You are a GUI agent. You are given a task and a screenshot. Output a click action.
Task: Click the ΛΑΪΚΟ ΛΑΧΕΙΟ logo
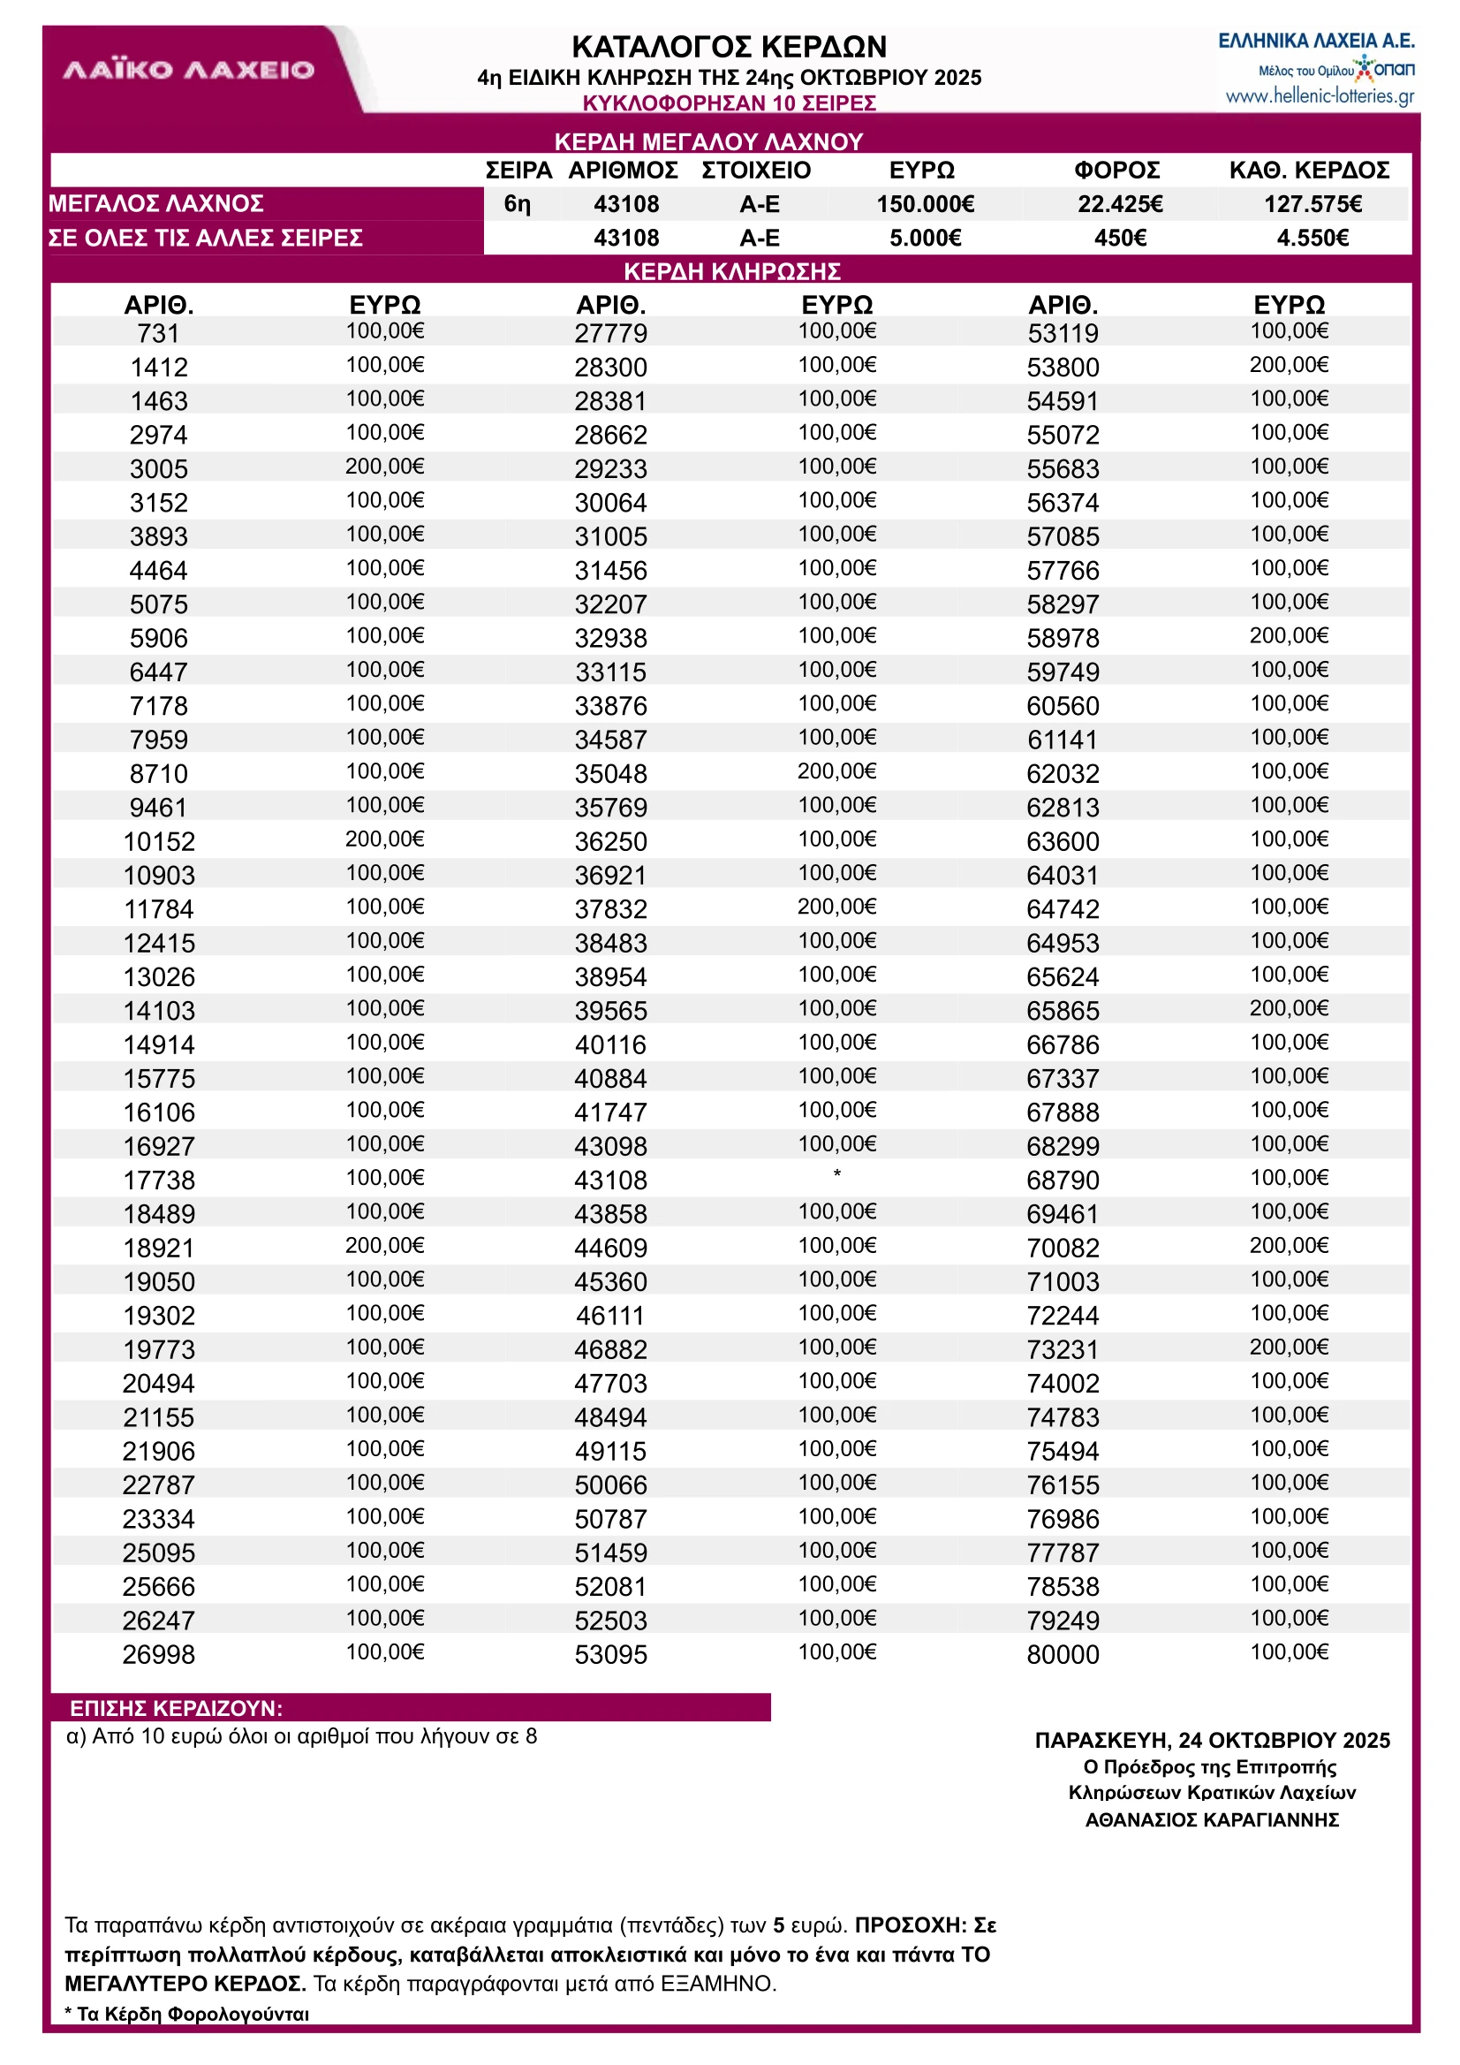pyautogui.click(x=189, y=70)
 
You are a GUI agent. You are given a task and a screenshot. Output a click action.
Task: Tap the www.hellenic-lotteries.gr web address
pyautogui.click(x=1319, y=96)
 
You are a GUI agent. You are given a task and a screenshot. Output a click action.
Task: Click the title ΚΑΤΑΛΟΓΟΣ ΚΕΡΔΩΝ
pyautogui.click(x=729, y=47)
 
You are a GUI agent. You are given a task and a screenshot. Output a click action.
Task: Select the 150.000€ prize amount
pyautogui.click(x=925, y=204)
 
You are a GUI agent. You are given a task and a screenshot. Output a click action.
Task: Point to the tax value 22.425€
pyautogui.click(x=1120, y=204)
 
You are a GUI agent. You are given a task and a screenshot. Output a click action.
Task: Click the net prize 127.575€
pyautogui.click(x=1312, y=204)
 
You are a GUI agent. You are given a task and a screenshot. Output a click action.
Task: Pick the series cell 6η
pyautogui.click(x=517, y=204)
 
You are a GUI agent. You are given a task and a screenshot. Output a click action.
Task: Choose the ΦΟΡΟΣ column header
pyautogui.click(x=1117, y=170)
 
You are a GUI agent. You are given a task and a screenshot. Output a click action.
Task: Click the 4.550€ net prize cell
pyautogui.click(x=1312, y=239)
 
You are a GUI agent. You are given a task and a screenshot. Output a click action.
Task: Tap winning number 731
pyautogui.click(x=158, y=334)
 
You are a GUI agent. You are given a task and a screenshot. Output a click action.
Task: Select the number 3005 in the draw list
pyautogui.click(x=159, y=469)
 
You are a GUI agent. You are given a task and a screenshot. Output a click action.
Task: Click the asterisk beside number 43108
pyautogui.click(x=837, y=1174)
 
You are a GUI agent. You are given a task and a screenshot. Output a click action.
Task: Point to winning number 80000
pyautogui.click(x=1063, y=1655)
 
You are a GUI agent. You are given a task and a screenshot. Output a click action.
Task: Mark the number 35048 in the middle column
pyautogui.click(x=610, y=774)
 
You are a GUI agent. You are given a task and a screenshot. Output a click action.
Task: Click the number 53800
pyautogui.click(x=1063, y=368)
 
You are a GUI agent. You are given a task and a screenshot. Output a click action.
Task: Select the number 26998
pyautogui.click(x=159, y=1655)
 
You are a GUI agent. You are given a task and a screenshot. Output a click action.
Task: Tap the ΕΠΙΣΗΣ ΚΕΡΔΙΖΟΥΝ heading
pyautogui.click(x=177, y=1708)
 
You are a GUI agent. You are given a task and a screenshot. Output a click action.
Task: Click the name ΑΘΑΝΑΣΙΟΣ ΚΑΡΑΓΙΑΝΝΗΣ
pyautogui.click(x=1212, y=1820)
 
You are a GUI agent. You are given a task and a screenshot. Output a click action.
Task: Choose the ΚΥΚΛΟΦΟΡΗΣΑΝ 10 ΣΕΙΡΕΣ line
pyautogui.click(x=729, y=103)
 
